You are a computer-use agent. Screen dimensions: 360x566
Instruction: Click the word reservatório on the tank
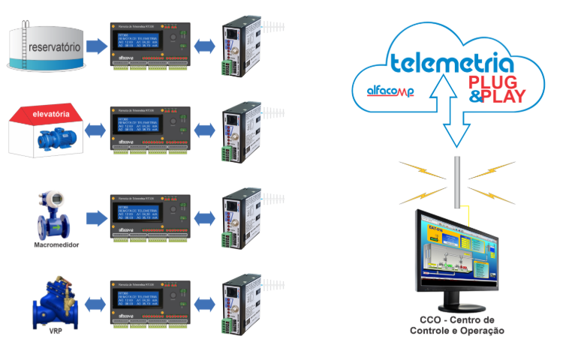pyautogui.click(x=53, y=47)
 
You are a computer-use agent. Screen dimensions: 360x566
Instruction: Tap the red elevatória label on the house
pyautogui.click(x=52, y=114)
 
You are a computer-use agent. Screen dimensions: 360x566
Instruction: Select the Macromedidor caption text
pyautogui.click(x=56, y=244)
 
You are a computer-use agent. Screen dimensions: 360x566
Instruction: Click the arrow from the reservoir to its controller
pyautogui.click(x=96, y=47)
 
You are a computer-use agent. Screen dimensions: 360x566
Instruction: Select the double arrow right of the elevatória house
pyautogui.click(x=94, y=130)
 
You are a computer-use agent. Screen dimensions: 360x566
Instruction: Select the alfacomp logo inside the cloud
pyautogui.click(x=391, y=91)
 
